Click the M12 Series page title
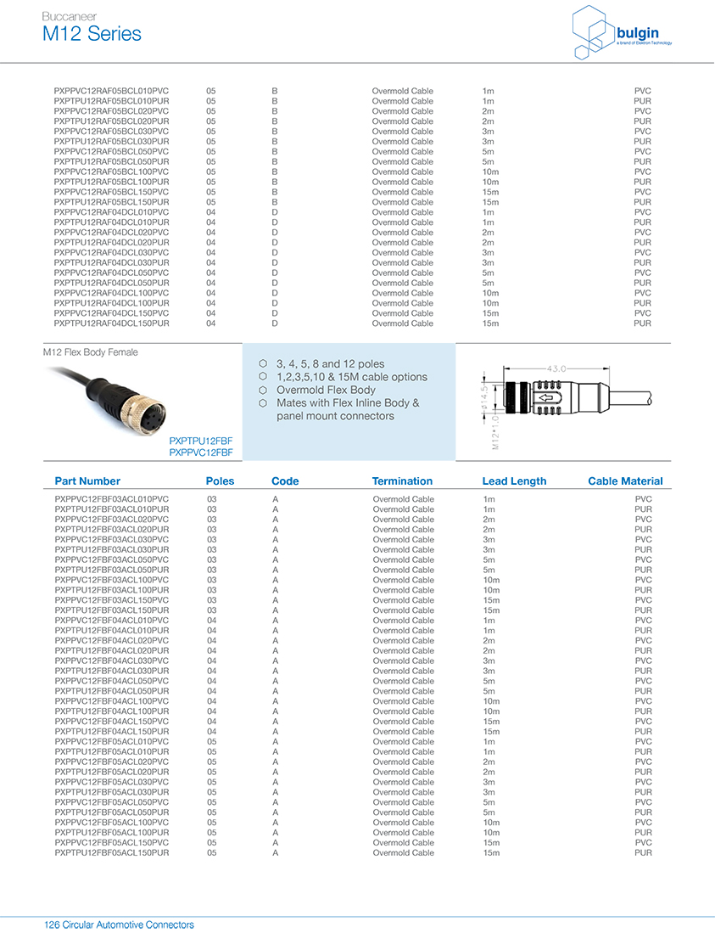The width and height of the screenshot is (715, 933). pos(92,34)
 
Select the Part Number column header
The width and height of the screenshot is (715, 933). pos(87,481)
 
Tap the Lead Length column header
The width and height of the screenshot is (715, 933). pos(514,481)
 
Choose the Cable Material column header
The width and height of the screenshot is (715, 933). pos(625,481)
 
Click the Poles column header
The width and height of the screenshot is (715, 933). pos(220,481)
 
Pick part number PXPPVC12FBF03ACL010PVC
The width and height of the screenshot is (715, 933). pos(112,499)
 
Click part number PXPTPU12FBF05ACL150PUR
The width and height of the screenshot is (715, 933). pos(112,852)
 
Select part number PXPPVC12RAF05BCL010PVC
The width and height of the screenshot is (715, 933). pos(111,91)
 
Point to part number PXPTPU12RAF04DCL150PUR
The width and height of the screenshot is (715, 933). pos(111,323)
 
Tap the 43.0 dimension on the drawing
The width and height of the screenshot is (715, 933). pos(556,368)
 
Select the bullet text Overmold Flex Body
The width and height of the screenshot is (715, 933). pos(326,390)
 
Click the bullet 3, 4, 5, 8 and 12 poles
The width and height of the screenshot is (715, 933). pos(330,364)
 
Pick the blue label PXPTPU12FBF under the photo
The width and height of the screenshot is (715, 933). pos(200,441)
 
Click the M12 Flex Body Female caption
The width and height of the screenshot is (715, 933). pos(90,352)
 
